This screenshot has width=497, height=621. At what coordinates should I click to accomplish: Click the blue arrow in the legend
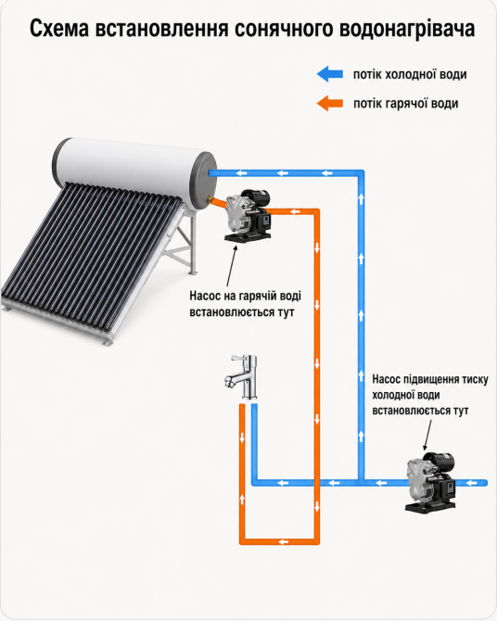tap(330, 74)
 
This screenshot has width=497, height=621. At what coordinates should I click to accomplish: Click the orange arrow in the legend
tap(330, 104)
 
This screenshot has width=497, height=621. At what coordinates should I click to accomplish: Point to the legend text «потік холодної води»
tap(410, 74)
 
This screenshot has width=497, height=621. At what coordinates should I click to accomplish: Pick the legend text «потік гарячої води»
tap(406, 104)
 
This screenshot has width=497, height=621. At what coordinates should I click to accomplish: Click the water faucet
tap(242, 376)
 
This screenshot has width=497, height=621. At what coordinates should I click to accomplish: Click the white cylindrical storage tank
tap(134, 172)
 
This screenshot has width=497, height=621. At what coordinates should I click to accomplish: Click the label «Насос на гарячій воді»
tap(245, 296)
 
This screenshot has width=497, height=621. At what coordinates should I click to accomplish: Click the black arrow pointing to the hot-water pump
tap(232, 265)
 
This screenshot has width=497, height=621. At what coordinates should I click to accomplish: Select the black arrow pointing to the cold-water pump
tap(427, 435)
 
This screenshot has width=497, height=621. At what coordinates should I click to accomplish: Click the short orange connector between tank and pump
tap(219, 201)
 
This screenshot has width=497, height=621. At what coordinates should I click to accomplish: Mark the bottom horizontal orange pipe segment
tap(279, 541)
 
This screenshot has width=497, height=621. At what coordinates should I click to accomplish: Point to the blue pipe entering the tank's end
tap(287, 173)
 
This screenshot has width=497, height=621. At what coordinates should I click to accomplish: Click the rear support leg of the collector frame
tap(193, 243)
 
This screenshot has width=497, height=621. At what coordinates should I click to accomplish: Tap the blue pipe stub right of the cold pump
tap(471, 483)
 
